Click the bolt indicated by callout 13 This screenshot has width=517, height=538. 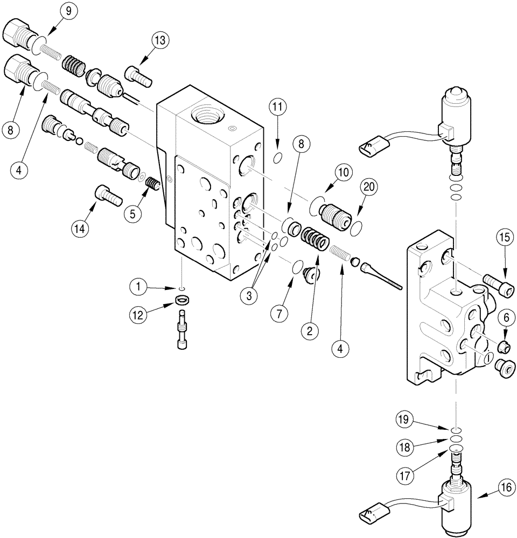[x=138, y=74]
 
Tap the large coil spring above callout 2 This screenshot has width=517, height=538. [x=315, y=238]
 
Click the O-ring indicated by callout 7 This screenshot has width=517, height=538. [x=296, y=267]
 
